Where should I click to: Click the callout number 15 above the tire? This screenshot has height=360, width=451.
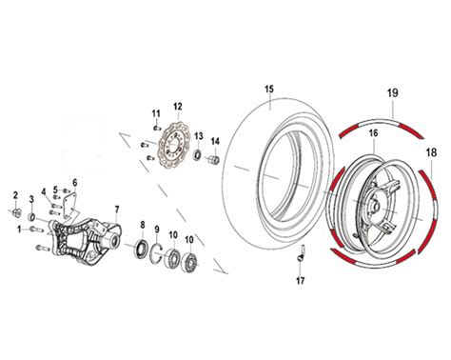coord(269,89)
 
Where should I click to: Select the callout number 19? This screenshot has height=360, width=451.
coord(392,93)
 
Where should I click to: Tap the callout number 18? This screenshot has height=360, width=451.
coord(432,152)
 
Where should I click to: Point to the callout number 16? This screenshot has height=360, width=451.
coord(374,133)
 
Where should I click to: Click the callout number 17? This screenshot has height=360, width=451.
coord(300,281)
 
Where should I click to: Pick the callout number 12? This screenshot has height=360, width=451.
coord(178,107)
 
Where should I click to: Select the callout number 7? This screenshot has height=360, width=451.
coord(117,210)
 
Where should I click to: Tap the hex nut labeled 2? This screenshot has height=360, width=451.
coord(16,212)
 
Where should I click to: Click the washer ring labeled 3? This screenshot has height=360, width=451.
coord(31,217)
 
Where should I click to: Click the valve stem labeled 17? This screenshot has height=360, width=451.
coord(301,254)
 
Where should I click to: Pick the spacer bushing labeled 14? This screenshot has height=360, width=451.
coord(214,159)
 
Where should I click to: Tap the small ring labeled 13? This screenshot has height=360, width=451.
coord(198,155)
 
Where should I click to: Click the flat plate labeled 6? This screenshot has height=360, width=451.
coord(69,207)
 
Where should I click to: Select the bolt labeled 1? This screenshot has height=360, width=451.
coord(36,230)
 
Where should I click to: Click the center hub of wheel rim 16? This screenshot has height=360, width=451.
coord(374,206)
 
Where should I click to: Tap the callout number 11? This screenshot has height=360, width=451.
coord(156,113)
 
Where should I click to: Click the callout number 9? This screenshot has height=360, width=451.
coord(156,229)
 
